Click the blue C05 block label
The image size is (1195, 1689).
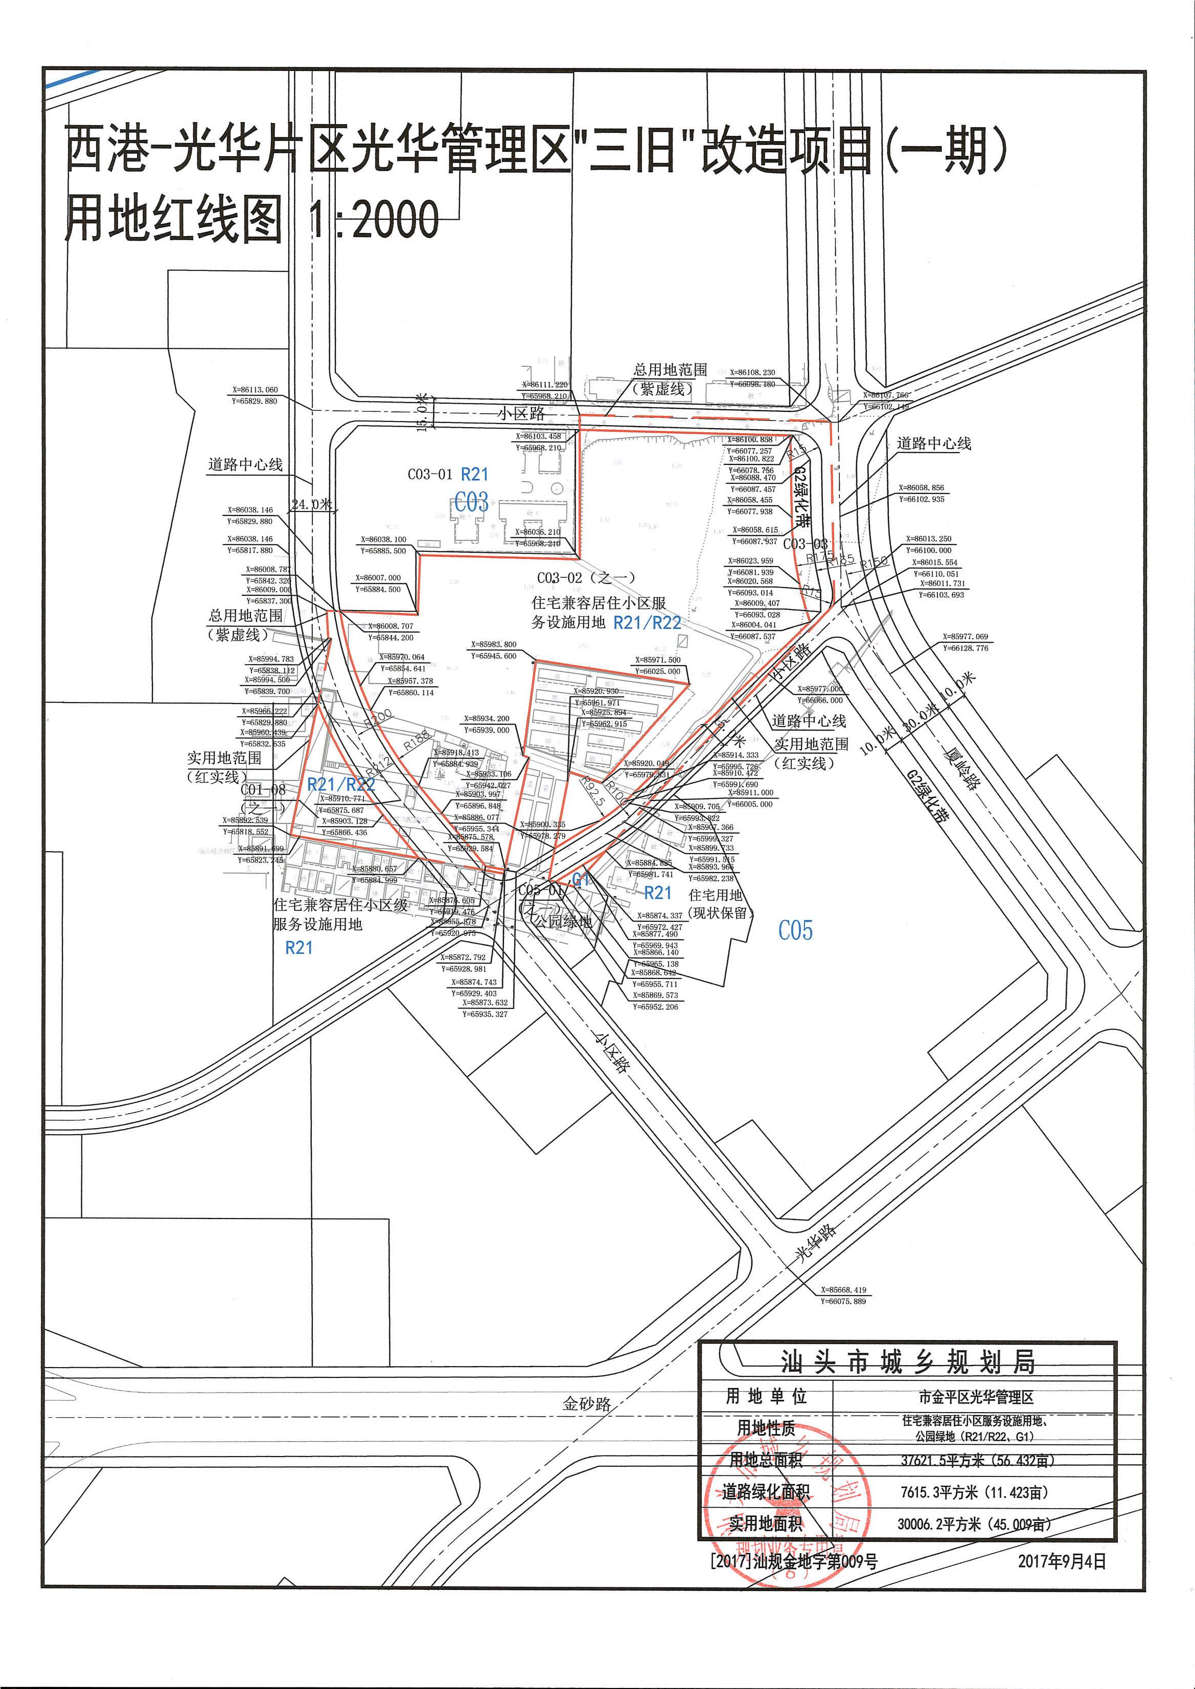click(795, 930)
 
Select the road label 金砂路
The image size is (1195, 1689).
click(586, 1403)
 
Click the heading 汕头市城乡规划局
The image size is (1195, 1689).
click(907, 1363)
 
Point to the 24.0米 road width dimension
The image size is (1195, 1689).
click(311, 505)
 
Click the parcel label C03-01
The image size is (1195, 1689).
click(430, 475)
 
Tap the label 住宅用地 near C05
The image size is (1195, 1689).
click(715, 895)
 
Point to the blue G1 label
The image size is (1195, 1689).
click(581, 878)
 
